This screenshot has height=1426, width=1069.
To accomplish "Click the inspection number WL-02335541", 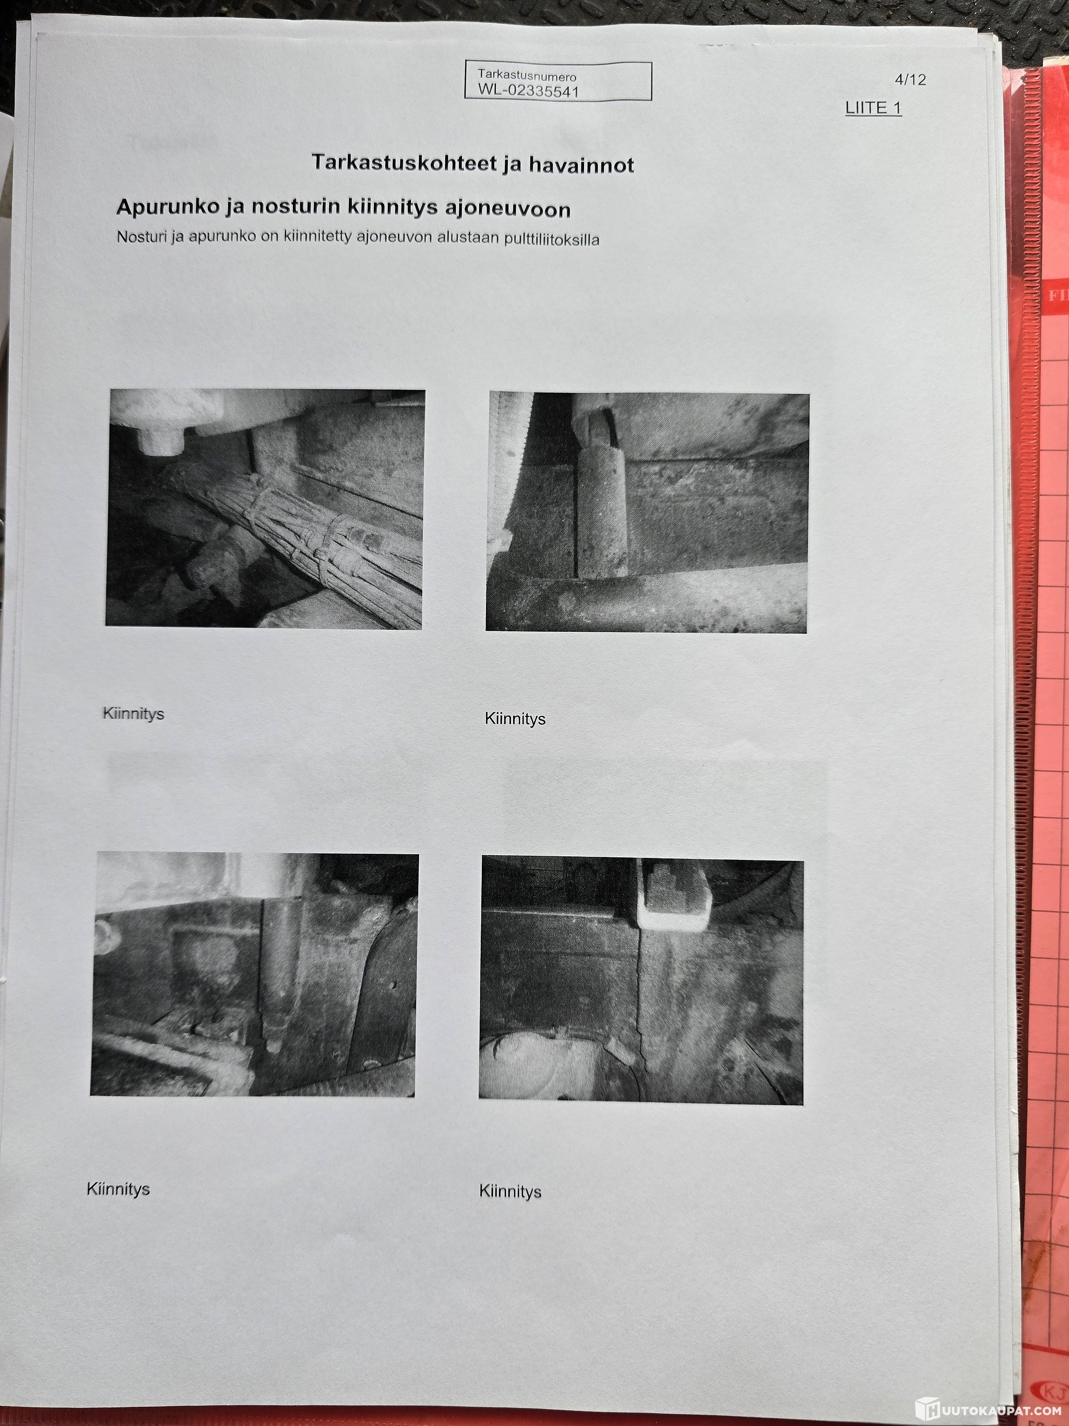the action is point(528,90).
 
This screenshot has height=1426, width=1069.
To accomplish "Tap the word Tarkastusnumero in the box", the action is point(527,76).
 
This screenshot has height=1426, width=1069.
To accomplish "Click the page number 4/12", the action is point(910,79).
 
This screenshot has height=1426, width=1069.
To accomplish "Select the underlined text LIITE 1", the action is point(873,108).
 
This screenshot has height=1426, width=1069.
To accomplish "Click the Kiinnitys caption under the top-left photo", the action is point(134,714).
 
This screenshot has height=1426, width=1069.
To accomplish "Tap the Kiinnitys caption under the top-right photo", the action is point(515,719).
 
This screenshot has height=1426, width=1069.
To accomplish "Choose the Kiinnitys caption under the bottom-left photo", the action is point(118,1189).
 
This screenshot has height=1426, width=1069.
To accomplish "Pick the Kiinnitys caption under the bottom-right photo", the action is point(510,1192).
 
